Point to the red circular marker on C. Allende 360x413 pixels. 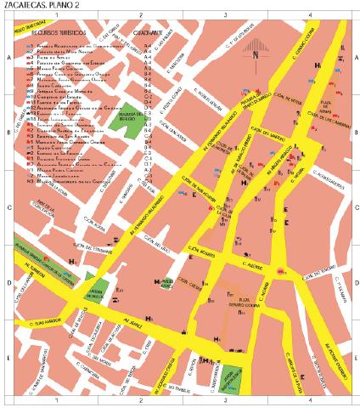[280, 269]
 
